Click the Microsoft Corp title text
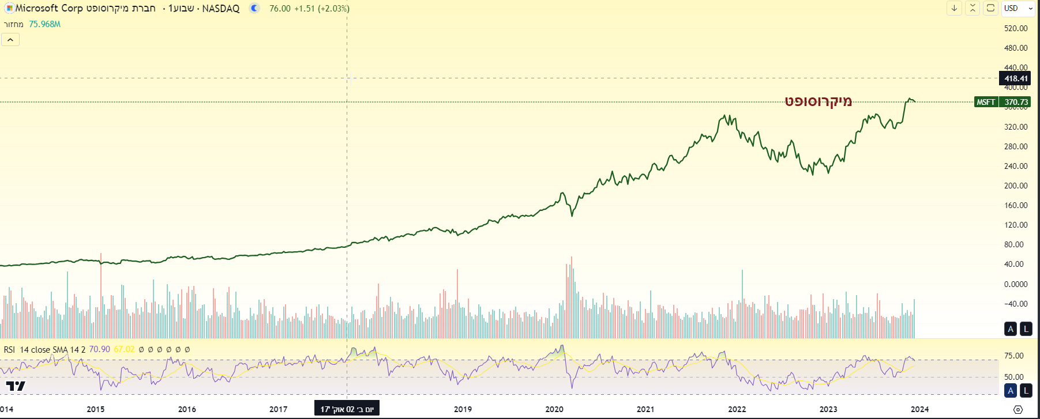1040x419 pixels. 49,8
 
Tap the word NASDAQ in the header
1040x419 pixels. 220,9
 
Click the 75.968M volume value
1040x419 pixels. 44,24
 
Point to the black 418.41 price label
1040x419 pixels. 1015,78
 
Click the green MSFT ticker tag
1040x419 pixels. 986,102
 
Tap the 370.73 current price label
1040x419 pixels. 1016,102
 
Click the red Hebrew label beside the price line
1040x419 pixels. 818,101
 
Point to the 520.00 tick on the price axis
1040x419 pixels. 1015,28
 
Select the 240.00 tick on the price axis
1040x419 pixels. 1015,166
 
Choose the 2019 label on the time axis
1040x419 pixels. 463,409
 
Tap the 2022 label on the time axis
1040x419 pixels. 737,409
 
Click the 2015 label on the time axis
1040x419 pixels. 96,409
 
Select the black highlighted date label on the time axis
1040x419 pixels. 347,409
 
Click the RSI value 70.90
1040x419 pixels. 99,349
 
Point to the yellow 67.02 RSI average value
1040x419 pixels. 124,349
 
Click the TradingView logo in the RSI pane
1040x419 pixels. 16,386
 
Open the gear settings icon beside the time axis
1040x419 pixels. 1018,410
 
